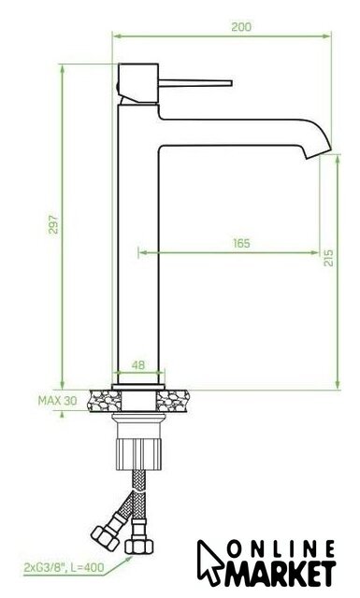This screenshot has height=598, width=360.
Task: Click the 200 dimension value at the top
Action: coord(241,27)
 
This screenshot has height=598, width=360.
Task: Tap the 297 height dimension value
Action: coord(54,224)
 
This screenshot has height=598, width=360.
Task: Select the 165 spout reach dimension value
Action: coord(241,243)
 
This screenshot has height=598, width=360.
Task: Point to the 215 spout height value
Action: coord(328,258)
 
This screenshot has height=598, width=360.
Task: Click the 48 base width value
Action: coord(138,365)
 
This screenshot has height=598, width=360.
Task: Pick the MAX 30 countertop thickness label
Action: coord(57,401)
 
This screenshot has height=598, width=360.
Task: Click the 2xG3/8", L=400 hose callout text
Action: coord(64,567)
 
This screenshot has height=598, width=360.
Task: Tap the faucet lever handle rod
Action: coord(195,83)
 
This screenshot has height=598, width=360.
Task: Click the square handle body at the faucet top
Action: coord(138,83)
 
